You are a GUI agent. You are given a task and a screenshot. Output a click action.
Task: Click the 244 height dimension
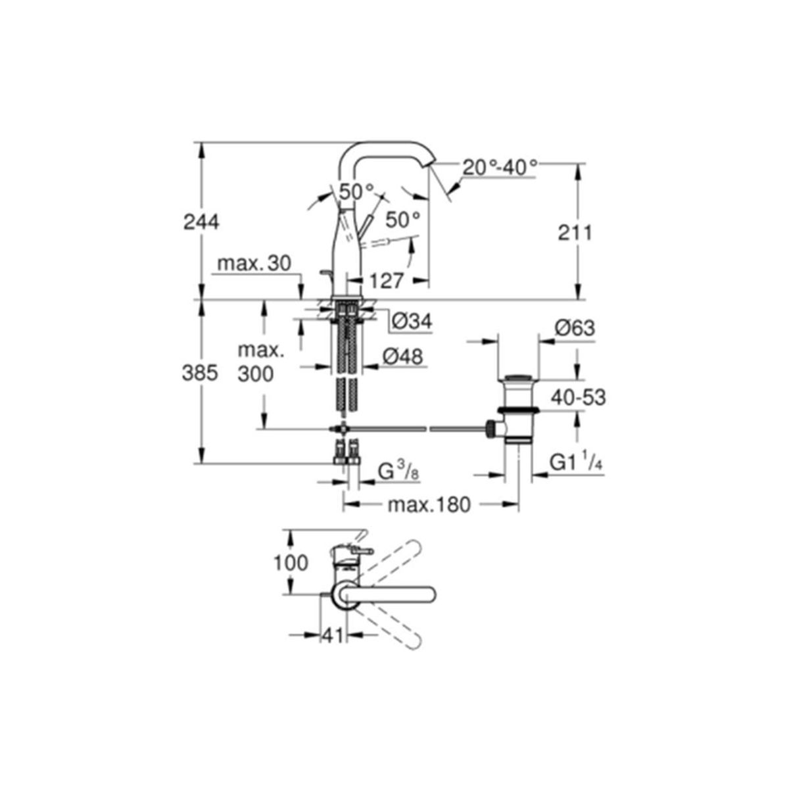[x=201, y=222]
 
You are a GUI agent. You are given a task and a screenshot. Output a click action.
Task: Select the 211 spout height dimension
[x=575, y=233]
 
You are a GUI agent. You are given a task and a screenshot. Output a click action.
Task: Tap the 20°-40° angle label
[x=500, y=167]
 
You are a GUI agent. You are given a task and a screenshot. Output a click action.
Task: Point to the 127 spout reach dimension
[x=387, y=281]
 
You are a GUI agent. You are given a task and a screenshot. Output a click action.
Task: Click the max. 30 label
[x=254, y=263]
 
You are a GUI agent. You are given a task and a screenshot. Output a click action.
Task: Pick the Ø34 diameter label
[x=412, y=322]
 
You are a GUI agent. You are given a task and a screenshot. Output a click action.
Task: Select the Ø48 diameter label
[x=403, y=357]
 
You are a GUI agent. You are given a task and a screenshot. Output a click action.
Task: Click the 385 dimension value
[x=200, y=373]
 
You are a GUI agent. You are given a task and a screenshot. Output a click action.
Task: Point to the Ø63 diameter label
[x=575, y=328]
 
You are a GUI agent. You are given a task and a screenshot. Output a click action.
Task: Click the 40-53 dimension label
[x=578, y=398]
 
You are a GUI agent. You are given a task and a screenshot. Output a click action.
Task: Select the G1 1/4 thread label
[x=576, y=463]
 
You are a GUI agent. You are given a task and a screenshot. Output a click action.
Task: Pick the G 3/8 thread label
[x=398, y=471]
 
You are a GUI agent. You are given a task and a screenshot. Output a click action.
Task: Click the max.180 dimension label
[x=429, y=505]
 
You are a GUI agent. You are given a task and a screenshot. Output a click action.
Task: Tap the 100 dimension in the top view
[x=291, y=563]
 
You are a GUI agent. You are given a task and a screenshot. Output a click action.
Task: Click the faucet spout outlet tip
[x=429, y=164]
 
